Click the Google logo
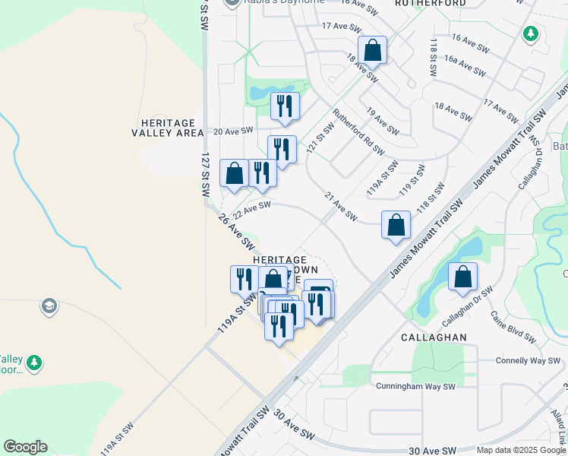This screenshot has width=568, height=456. coord(25,447)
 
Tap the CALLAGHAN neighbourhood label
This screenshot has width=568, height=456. coord(434,337)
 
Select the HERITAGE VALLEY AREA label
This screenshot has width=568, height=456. coord(168,128)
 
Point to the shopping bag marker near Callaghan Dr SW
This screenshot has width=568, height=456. coord(462,278)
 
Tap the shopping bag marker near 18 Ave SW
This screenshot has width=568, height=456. coord(372,52)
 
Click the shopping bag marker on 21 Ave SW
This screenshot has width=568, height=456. coord(396,226)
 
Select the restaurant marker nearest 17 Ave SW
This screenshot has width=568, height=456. coord(285,107)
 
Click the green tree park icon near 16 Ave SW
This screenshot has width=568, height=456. coord(531,34)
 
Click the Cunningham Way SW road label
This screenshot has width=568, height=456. coord(415,386)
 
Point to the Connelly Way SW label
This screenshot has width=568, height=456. coord(528,360)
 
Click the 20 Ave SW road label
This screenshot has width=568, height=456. coord(232,131)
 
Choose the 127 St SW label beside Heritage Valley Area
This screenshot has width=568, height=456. coord(205,174)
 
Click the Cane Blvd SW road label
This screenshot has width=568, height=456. coord(514,327)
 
